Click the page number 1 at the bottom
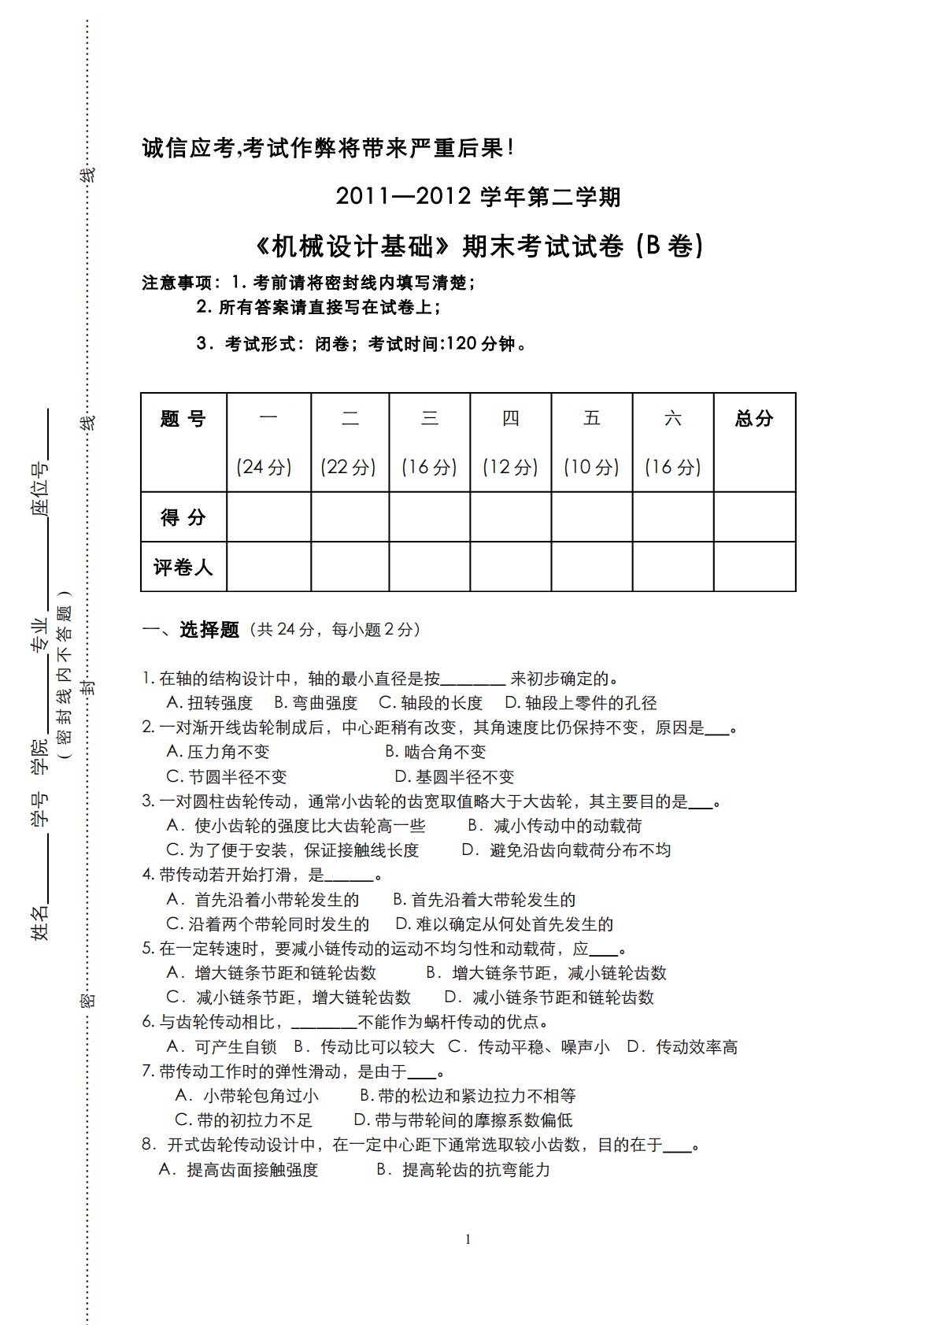pos(468,1239)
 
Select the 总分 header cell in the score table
pos(754,419)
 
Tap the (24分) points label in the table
pos(264,467)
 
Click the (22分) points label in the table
pos(349,467)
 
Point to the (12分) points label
pos(510,467)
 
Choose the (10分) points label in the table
pos(591,467)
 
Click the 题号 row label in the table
pos(183,419)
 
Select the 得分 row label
pos(183,517)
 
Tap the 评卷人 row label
pos(183,567)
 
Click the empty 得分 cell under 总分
pos(754,517)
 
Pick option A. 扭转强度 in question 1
pos(209,703)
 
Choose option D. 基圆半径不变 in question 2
pos(454,777)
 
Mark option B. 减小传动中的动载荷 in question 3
pos(555,826)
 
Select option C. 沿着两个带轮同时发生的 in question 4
pos(268,924)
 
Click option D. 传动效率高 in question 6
pos(682,1047)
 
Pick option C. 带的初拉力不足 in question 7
pos(243,1120)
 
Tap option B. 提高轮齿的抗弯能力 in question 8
pos(463,1170)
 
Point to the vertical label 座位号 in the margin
pos(40,487)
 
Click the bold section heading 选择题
pos(209,630)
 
